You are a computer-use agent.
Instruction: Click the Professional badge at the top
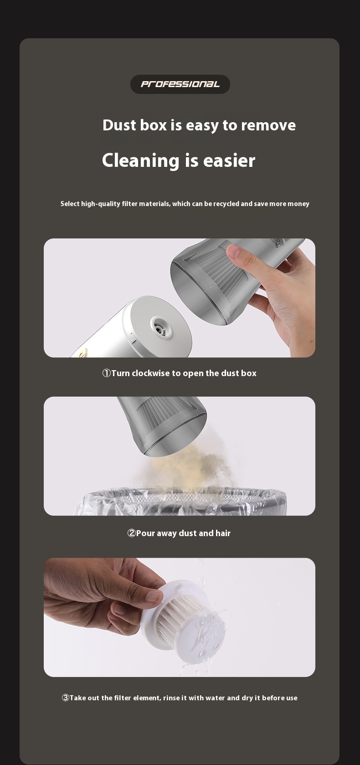pos(180,84)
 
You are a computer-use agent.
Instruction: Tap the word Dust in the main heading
pos(119,125)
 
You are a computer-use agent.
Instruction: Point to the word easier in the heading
pos(229,160)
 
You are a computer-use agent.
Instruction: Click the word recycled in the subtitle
pos(226,203)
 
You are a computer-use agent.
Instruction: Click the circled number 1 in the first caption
pos(107,373)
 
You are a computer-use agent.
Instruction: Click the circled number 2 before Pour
pos(131,533)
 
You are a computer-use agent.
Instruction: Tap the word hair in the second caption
pos(223,533)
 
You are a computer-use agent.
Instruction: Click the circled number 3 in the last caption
pos(66,698)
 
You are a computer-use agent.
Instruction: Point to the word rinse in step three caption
pos(172,698)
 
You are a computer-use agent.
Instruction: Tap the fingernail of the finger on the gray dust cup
pos(233,251)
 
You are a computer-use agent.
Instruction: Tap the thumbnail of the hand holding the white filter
pos(154,595)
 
